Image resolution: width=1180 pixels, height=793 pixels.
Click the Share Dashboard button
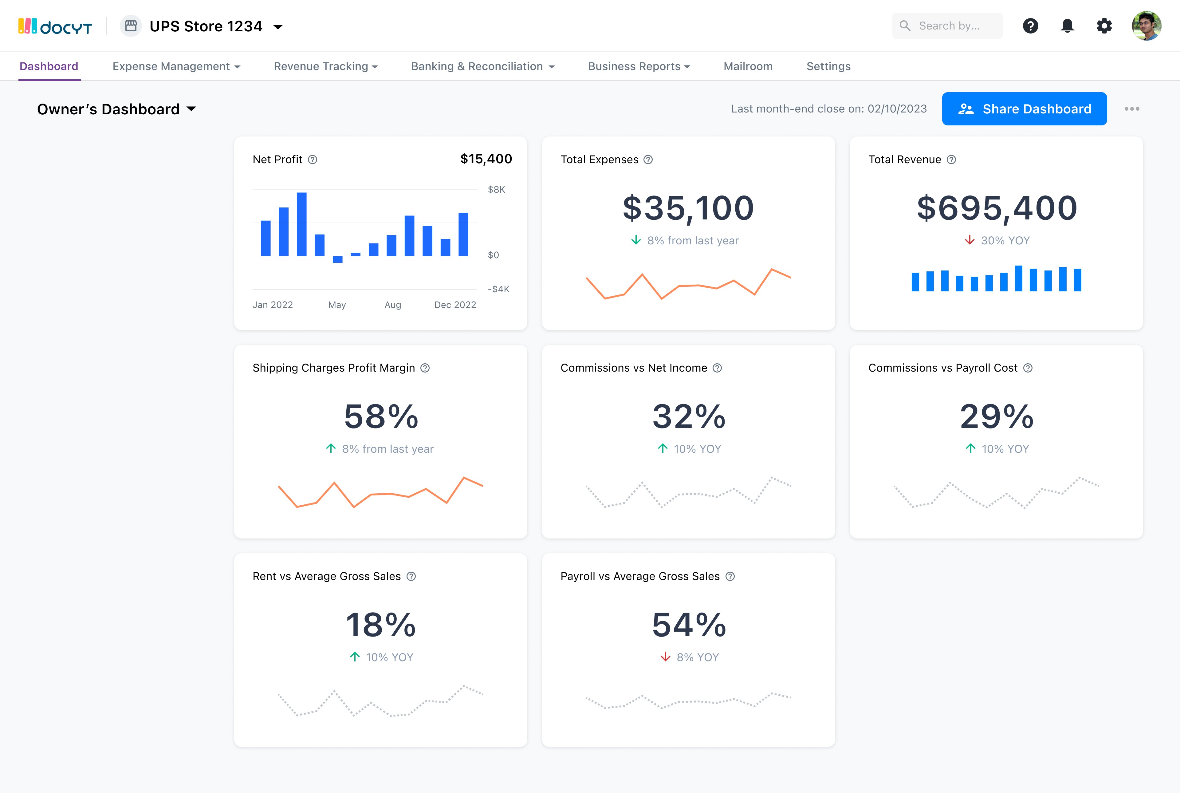pyautogui.click(x=1024, y=109)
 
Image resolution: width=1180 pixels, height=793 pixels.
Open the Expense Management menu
pyautogui.click(x=176, y=66)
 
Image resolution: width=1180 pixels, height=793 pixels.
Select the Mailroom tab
pyautogui.click(x=748, y=66)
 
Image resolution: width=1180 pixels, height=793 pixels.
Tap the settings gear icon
pyautogui.click(x=1104, y=26)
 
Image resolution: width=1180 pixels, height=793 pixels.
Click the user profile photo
pyautogui.click(x=1147, y=26)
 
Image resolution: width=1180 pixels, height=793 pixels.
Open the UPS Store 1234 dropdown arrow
pyautogui.click(x=277, y=27)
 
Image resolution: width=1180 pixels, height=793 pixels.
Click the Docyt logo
pyautogui.click(x=55, y=26)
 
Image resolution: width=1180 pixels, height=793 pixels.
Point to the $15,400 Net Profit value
pyautogui.click(x=486, y=159)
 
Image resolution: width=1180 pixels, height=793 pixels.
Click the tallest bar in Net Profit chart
pyautogui.click(x=302, y=224)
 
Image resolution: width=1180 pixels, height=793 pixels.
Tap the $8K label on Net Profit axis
pyautogui.click(x=496, y=190)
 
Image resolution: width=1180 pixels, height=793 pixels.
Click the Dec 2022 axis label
pyautogui.click(x=455, y=305)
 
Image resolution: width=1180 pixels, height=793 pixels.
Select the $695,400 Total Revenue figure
pyautogui.click(x=997, y=208)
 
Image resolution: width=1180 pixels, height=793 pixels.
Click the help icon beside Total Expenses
pyautogui.click(x=648, y=160)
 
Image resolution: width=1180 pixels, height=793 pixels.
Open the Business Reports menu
pyautogui.click(x=639, y=66)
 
